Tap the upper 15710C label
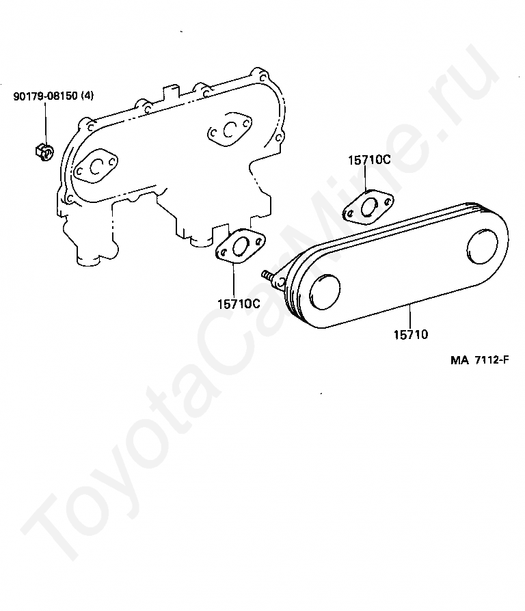point(368,160)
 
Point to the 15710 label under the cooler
point(410,334)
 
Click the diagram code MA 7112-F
point(479,361)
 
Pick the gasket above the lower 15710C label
point(241,247)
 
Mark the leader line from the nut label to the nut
point(45,123)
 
